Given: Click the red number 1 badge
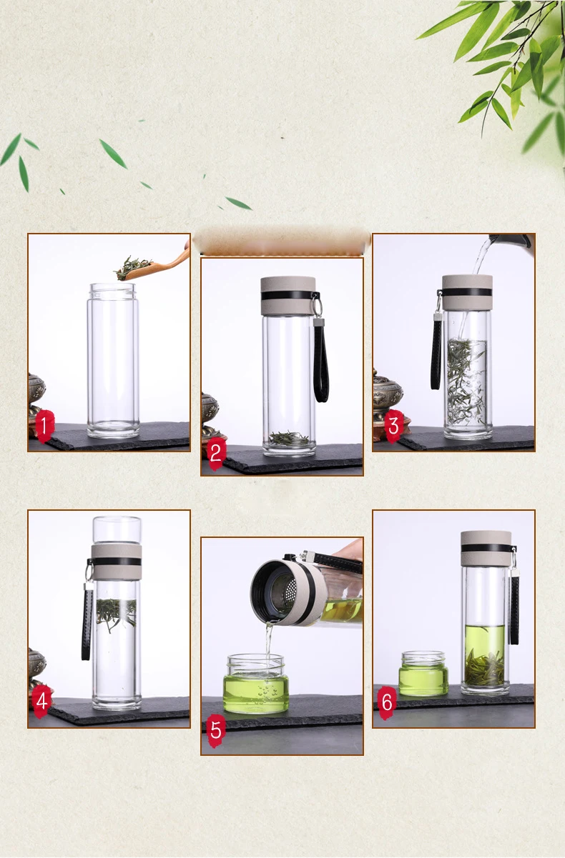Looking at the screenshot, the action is click(x=44, y=426).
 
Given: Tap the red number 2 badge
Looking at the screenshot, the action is click(x=216, y=453).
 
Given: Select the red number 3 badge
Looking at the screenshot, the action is click(x=393, y=426).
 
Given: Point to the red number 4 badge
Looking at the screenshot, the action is click(x=41, y=701).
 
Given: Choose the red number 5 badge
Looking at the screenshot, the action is click(x=216, y=729).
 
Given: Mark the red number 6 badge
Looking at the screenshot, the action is click(x=387, y=702).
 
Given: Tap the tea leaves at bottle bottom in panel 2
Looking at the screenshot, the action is click(x=289, y=438).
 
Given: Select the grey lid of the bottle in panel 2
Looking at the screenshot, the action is click(x=288, y=296).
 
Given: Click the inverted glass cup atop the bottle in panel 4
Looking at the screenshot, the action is click(x=117, y=530).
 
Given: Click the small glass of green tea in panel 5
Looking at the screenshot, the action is click(x=256, y=684).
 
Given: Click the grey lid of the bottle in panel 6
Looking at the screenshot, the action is click(x=486, y=549).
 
